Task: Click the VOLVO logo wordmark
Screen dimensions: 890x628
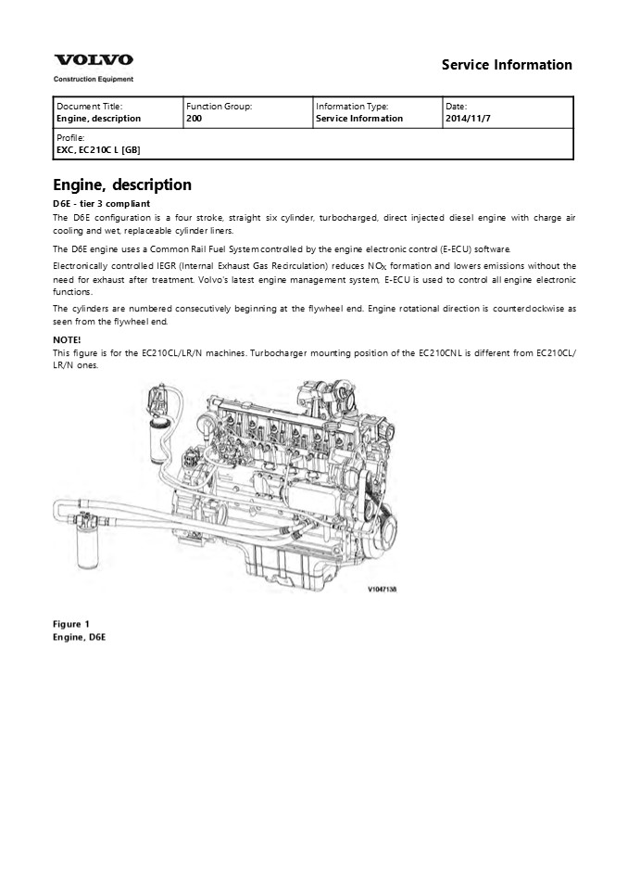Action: point(93,60)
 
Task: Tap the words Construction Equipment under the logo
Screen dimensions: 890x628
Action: point(93,80)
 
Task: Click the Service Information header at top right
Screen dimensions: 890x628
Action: point(507,65)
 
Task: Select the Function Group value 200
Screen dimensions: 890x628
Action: point(195,119)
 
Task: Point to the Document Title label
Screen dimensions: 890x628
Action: point(89,107)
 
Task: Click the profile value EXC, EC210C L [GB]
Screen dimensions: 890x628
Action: point(98,149)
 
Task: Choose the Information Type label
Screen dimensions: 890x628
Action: point(352,107)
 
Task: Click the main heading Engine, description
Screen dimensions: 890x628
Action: point(122,185)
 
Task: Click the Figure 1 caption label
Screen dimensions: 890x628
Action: point(71,623)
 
